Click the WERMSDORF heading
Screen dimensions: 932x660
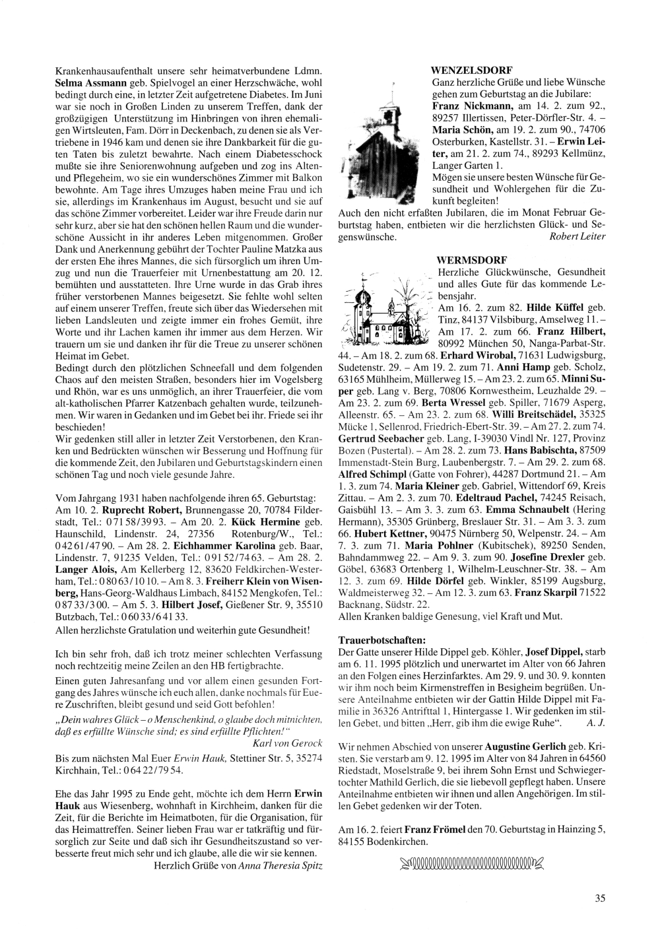(468, 259)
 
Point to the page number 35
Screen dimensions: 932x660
(599, 897)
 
